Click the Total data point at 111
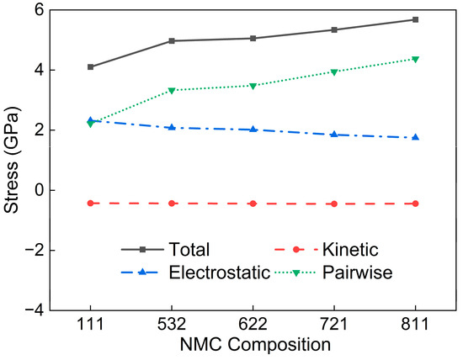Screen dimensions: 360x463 coord(90,67)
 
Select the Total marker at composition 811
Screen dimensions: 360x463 coord(416,19)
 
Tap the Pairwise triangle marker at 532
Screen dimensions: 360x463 coord(172,90)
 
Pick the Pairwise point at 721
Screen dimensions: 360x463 coord(334,72)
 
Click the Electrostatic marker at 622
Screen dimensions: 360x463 coord(253,130)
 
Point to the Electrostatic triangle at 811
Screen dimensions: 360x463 coord(416,137)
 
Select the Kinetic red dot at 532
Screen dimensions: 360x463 coord(172,204)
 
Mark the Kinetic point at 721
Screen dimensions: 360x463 coord(334,204)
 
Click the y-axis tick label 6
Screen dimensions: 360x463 coord(37,9)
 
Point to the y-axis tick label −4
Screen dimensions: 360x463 coord(33,310)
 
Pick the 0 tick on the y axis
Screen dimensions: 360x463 coord(37,190)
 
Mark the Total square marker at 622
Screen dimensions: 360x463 coord(253,39)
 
